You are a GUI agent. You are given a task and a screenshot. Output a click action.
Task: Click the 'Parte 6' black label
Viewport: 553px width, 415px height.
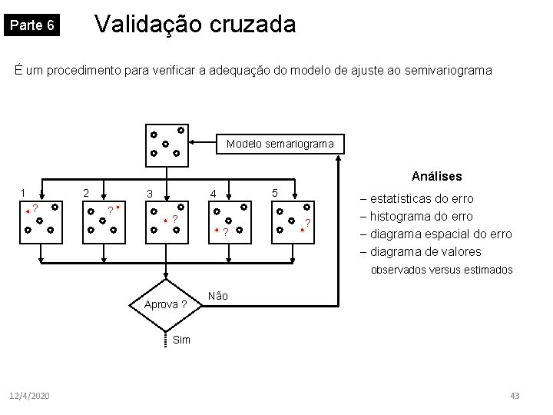31,25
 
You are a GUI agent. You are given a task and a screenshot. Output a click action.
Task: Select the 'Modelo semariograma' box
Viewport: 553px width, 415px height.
280,144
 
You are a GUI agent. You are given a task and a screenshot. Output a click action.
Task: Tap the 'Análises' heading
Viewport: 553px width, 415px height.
436,177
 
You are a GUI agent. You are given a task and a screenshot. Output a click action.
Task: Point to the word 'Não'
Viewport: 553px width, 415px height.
217,296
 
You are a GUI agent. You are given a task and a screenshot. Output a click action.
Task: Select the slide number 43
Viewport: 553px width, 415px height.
515,395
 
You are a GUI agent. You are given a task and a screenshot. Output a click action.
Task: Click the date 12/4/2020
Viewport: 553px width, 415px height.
30,395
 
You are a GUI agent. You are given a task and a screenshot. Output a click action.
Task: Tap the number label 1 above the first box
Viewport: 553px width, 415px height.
24,192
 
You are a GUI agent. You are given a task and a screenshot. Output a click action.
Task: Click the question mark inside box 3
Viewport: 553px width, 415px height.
175,221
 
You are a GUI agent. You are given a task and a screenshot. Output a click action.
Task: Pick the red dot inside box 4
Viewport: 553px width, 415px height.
217,231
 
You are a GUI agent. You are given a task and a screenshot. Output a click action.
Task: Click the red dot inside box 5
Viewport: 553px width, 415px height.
303,229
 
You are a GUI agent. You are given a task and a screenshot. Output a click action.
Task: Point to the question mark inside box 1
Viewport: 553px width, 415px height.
35,207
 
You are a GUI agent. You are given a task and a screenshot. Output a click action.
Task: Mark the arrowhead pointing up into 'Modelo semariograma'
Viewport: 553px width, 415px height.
338,158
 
